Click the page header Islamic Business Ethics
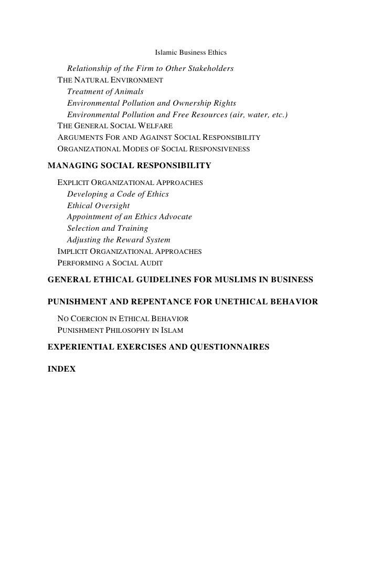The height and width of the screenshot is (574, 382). coord(191,53)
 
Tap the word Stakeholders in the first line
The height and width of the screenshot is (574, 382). coord(209,69)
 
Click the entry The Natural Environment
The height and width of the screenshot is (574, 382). coord(110,80)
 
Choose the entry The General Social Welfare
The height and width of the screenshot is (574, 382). coord(114,126)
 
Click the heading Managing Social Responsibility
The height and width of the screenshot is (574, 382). coord(129,166)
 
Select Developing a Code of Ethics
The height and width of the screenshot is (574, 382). coord(118,194)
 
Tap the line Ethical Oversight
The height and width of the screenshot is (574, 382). coord(98,206)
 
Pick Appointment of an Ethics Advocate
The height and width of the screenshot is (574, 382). coord(130,217)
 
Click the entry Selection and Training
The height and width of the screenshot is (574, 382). coord(108,228)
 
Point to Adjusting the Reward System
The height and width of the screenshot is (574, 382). coord(119,240)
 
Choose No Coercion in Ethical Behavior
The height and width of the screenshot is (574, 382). coord(123,320)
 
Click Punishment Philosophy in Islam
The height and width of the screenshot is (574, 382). coord(120,331)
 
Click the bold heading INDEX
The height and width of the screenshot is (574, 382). coord(61,370)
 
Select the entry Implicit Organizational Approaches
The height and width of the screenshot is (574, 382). coord(129,252)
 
